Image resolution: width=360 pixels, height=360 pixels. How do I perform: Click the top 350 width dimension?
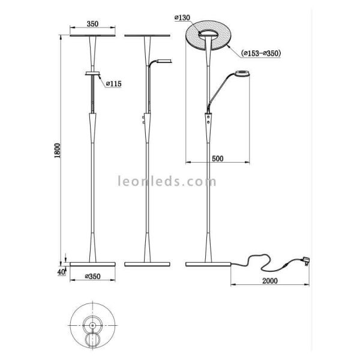[x=92, y=25]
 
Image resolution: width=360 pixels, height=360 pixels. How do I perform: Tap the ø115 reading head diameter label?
[x=113, y=84]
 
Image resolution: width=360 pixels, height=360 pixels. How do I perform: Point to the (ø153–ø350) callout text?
[x=261, y=53]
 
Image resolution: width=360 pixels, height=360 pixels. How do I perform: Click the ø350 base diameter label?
[x=92, y=276]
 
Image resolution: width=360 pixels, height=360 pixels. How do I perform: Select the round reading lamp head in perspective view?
[x=242, y=74]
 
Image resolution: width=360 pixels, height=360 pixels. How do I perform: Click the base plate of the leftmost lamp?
[x=92, y=264]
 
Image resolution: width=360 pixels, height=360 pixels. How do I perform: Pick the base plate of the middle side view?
[x=147, y=264]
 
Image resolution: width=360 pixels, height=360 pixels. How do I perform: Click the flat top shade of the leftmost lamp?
[x=92, y=34]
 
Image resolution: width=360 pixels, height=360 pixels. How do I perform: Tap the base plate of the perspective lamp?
[x=207, y=264]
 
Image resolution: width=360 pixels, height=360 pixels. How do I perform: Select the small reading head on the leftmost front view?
[x=92, y=73]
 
